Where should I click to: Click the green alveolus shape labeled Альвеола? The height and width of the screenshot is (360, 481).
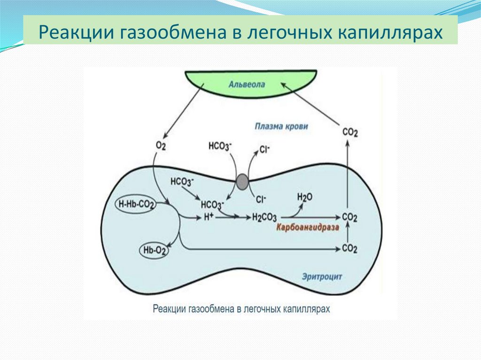(x=247, y=84)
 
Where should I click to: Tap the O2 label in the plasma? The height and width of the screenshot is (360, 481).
(x=161, y=146)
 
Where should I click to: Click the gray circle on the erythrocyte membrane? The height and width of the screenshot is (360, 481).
(x=242, y=182)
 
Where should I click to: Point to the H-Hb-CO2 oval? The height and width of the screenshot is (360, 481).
(x=136, y=204)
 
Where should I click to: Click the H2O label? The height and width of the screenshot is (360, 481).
(x=304, y=197)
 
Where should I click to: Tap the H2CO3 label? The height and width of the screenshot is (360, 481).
(x=264, y=217)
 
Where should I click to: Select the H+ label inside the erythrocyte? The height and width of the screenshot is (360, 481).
(x=209, y=217)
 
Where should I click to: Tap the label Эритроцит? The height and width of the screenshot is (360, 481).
(x=322, y=277)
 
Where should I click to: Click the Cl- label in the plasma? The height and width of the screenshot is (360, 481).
(x=265, y=150)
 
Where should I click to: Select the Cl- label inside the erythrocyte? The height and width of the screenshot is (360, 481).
(x=261, y=199)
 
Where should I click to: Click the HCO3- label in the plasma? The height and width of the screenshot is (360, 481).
(x=220, y=146)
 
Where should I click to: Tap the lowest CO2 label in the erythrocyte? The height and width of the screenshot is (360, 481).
(x=349, y=248)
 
